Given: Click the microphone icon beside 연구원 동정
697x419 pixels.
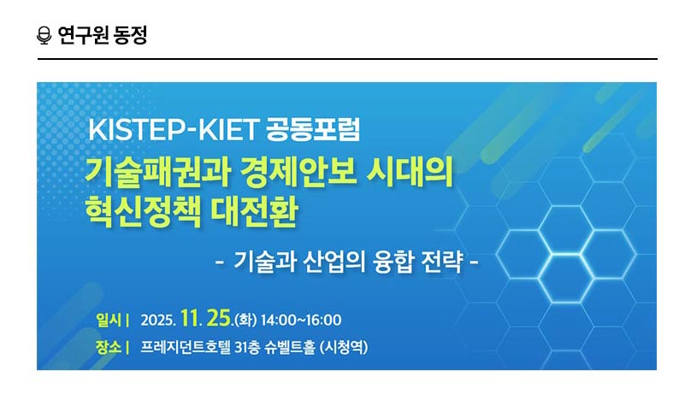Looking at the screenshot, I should point(44,36).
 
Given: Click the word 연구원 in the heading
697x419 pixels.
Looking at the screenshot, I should point(80,36).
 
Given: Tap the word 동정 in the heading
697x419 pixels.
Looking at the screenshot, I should point(129,36).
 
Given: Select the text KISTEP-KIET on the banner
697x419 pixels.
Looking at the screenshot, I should point(173,131).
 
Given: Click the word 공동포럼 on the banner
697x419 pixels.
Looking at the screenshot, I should point(314,131).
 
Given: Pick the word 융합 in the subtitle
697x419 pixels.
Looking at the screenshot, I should point(391,260).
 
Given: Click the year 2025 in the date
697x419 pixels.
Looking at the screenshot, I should point(158,321).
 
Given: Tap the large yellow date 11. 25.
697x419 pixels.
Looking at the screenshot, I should point(205,319).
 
